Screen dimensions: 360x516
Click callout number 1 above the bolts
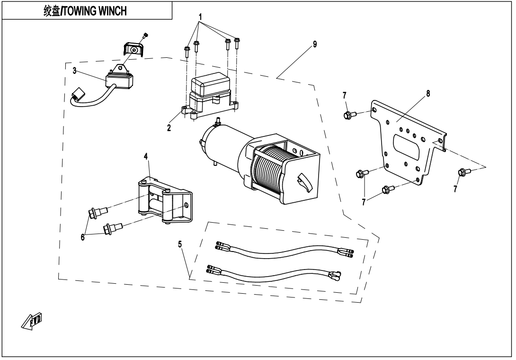201,17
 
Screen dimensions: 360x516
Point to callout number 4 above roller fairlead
146,156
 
